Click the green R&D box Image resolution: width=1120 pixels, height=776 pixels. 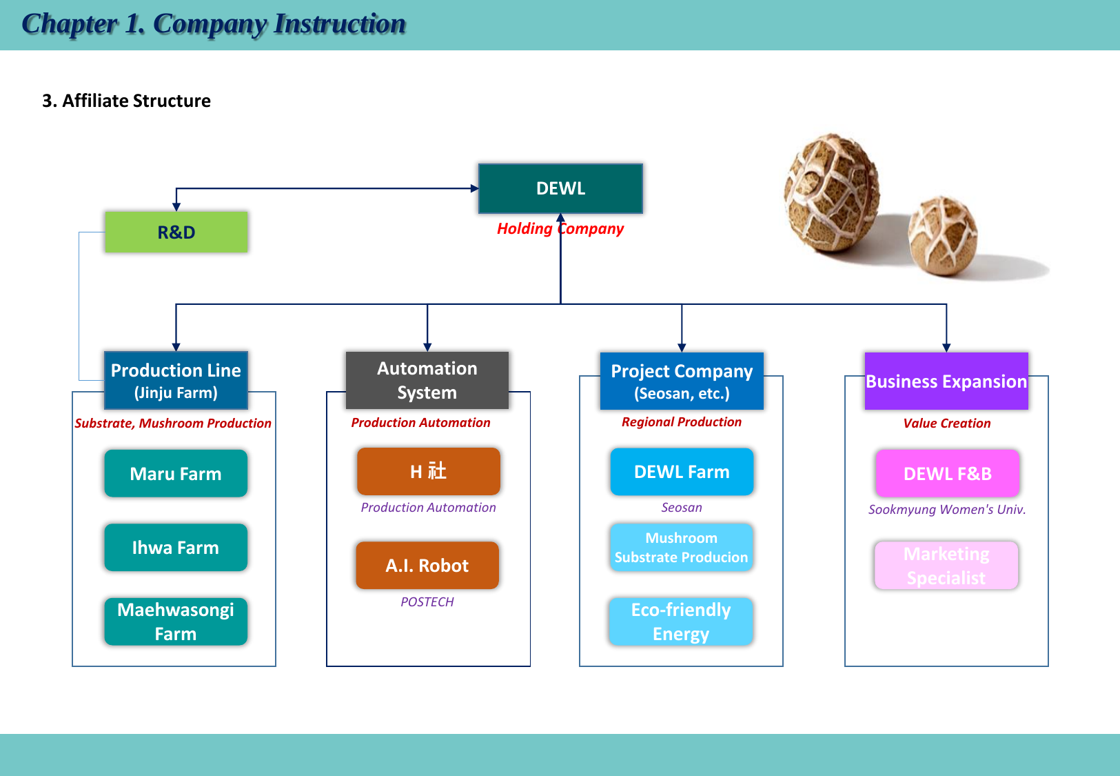(176, 232)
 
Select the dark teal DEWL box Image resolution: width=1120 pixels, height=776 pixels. (560, 188)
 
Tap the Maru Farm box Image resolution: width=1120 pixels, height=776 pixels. (176, 473)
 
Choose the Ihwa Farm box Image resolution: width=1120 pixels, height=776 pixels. (176, 547)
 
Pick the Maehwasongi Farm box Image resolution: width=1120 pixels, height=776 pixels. (176, 621)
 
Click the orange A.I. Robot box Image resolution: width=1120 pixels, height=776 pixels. (427, 565)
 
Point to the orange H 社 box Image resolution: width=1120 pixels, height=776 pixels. (428, 471)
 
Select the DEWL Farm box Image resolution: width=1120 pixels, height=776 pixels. (682, 472)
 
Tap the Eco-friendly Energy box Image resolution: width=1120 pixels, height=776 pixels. (681, 621)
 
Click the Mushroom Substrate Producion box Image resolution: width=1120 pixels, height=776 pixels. (681, 547)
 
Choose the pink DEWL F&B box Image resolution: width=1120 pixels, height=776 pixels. (947, 473)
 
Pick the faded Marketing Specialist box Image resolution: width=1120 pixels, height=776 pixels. (946, 565)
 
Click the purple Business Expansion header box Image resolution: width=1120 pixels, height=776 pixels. (946, 381)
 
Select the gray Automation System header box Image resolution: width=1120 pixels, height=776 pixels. (427, 380)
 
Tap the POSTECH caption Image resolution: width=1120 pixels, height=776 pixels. (427, 601)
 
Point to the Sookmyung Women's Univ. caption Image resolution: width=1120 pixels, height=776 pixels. (947, 509)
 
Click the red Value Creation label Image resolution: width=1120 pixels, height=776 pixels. (947, 423)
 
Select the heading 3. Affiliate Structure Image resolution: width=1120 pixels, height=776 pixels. (127, 101)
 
